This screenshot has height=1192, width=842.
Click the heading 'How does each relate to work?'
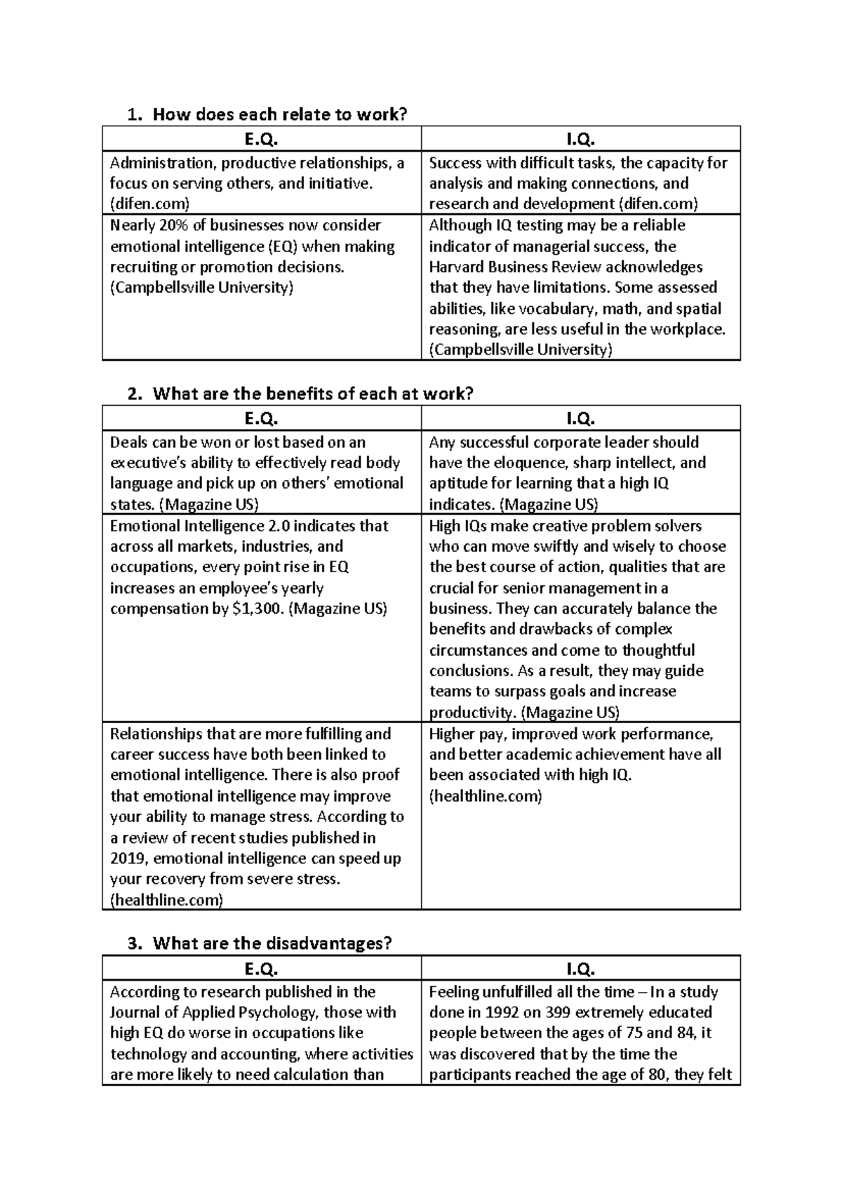coord(279,114)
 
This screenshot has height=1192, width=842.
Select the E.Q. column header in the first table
coord(261,139)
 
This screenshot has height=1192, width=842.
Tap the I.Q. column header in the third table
coord(580,969)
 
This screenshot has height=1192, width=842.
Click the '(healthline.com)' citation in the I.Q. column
coord(486,796)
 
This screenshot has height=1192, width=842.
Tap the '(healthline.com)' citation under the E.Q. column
coord(166,900)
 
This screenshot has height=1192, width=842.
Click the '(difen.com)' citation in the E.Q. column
coord(149,204)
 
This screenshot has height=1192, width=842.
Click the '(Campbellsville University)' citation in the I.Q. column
coord(521,350)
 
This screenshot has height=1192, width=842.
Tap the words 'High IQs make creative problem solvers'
coord(565,526)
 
